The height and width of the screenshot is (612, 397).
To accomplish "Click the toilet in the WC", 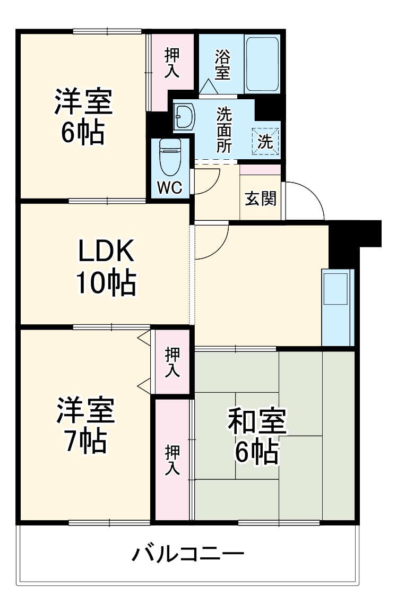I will [x=170, y=157].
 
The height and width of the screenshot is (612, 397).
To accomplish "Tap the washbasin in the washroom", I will [x=185, y=116].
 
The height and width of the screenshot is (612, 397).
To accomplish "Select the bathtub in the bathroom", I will [x=263, y=64].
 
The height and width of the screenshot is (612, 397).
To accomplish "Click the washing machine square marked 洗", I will [x=265, y=141].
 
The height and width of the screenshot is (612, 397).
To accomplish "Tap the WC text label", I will [x=170, y=187].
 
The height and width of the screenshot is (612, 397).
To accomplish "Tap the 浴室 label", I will [x=222, y=65].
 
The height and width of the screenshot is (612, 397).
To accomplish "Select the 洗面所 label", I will [x=224, y=130].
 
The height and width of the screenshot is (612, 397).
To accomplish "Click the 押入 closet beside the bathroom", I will [x=171, y=64].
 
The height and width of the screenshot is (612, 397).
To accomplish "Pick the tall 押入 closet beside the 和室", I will [x=172, y=460].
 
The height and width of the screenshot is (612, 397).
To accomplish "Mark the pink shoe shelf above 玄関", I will [x=260, y=170].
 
